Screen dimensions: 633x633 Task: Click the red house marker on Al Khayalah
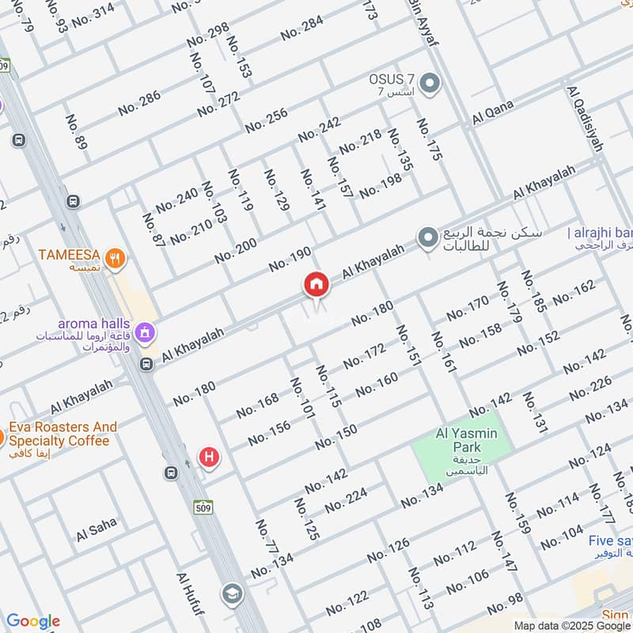click(316, 285)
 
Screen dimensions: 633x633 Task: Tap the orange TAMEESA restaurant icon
click(116, 257)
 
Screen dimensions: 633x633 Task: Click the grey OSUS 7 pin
click(430, 83)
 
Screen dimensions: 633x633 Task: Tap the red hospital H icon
click(209, 457)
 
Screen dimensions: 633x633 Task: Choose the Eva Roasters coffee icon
click(2, 436)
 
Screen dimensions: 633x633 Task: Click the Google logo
click(33, 621)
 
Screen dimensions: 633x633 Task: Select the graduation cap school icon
click(232, 593)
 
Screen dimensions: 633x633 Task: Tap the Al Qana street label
click(493, 112)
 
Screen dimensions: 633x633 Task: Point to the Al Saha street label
click(97, 530)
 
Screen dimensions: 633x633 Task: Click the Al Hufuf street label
click(190, 597)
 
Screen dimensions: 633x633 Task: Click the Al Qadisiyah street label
click(585, 119)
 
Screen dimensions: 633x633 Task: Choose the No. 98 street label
click(505, 604)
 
